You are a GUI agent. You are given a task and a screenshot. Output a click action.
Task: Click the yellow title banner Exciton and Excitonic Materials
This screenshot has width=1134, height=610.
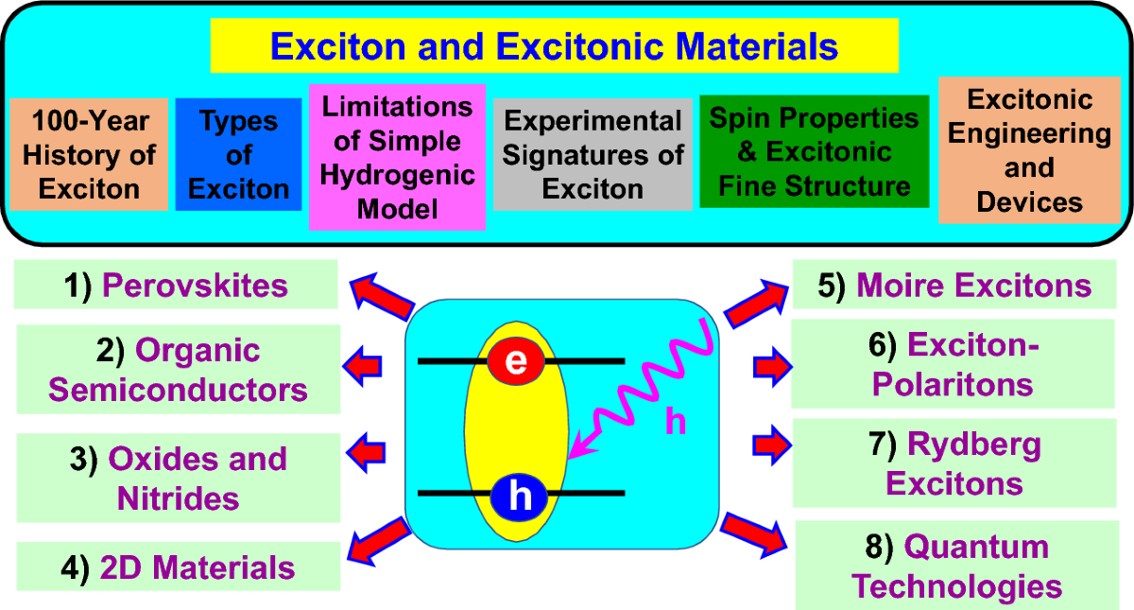pos(554,45)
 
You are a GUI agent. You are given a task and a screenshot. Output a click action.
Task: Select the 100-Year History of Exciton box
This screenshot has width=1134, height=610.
pos(88,154)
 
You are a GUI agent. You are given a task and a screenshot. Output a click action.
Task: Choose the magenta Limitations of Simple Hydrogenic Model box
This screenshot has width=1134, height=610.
pos(397,157)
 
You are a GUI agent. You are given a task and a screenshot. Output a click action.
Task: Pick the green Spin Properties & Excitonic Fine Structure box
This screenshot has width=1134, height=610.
pos(814,151)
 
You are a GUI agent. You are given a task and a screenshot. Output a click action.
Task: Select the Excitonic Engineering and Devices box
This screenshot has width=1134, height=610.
pos(1029,150)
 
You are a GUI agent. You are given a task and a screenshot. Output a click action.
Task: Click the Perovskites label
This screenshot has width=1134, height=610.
pos(176,286)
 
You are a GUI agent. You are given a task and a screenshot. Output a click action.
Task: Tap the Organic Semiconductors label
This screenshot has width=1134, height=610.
pos(179,370)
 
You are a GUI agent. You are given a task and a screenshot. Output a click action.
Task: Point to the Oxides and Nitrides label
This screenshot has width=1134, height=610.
pos(179,478)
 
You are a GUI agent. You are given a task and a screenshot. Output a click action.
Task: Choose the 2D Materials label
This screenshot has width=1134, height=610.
pos(179,567)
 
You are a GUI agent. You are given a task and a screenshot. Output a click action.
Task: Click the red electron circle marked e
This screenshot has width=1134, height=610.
pos(516,360)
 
